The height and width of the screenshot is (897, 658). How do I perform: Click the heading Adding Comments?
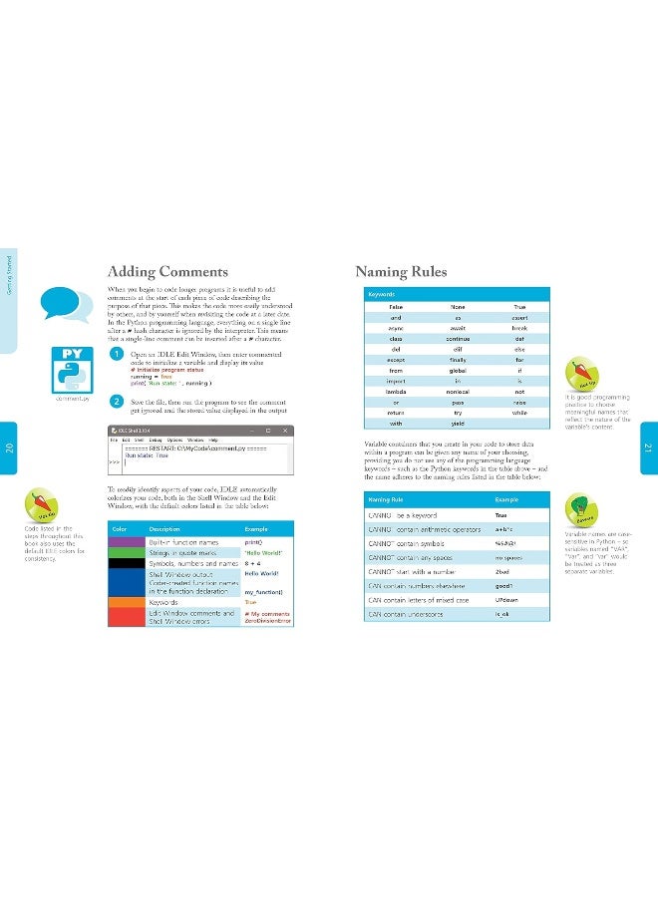tap(167, 272)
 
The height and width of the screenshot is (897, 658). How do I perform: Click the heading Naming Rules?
tap(401, 272)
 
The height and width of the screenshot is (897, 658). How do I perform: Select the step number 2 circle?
tap(118, 402)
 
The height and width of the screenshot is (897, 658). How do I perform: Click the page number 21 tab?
tap(648, 448)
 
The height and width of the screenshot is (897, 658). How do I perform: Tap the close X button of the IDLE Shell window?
tap(285, 430)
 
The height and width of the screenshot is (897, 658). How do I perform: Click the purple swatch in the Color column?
tap(126, 541)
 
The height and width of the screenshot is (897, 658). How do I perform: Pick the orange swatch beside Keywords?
tap(126, 603)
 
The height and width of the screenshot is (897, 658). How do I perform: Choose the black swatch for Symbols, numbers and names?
tap(126, 563)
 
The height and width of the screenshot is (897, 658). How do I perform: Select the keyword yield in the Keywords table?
tap(458, 423)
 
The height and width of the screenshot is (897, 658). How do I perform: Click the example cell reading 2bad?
tap(501, 572)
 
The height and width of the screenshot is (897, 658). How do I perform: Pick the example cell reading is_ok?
tap(501, 614)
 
